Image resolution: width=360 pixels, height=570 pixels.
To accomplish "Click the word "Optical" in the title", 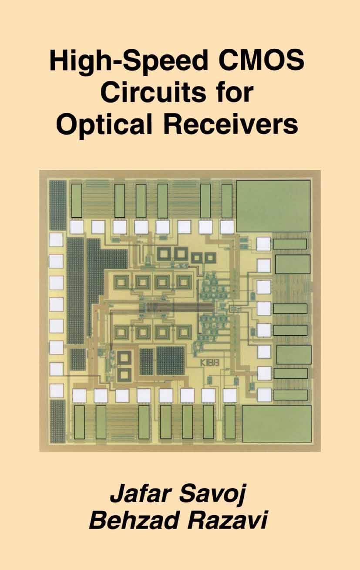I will (105, 125).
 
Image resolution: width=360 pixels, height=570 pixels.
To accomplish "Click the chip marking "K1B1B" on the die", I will (209, 362).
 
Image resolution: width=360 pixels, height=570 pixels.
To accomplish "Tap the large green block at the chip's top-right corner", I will (273, 206).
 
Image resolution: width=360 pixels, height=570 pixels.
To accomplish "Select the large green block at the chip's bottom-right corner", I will (276, 423).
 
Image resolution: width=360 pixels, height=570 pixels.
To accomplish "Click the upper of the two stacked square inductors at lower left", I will (124, 358).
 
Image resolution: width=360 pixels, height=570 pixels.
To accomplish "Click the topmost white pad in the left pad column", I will (56, 240).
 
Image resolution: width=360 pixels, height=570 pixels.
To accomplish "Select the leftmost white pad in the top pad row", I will (77, 226).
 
